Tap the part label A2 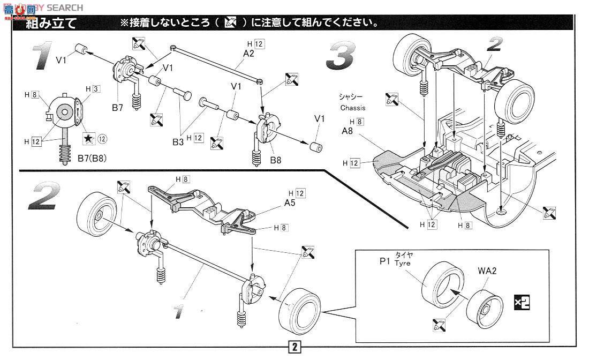[248, 53]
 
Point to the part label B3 [178, 142]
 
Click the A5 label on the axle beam [290, 203]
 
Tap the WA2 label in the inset [487, 271]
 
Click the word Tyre [402, 263]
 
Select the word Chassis [352, 107]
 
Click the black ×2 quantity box [522, 302]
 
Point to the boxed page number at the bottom [294, 347]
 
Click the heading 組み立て [52, 24]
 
